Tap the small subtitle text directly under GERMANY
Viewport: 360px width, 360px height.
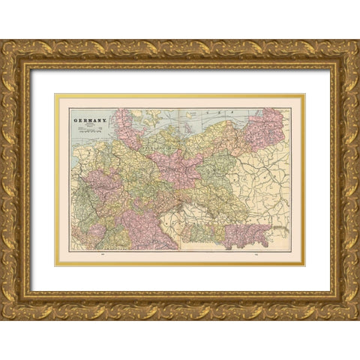(x=89, y=125)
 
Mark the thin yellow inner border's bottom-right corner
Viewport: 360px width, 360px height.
(x=305, y=265)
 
